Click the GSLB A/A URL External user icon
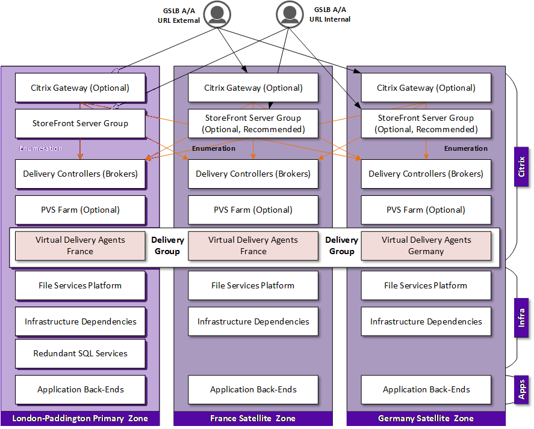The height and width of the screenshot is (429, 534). [x=217, y=14]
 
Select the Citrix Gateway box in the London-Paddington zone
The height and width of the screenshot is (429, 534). [x=80, y=88]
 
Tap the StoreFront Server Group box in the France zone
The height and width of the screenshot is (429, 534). [x=253, y=124]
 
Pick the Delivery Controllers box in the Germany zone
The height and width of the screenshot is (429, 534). [x=426, y=174]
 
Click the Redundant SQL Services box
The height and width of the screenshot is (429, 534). [x=80, y=353]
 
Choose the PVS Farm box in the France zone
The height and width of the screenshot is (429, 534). [x=253, y=210]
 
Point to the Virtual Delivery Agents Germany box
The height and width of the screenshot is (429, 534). [x=426, y=246]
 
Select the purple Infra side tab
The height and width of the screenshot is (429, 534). [x=521, y=317]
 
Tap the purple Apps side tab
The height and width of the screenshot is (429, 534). [x=521, y=389]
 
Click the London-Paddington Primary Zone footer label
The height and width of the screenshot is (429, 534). [x=80, y=418]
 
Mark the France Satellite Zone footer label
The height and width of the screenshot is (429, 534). [x=253, y=418]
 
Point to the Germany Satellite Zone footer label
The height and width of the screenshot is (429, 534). [x=426, y=418]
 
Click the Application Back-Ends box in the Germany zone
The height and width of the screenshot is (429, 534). [x=426, y=389]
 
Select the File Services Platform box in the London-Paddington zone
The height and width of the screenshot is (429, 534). [x=80, y=285]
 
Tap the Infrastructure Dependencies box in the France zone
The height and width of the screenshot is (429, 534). [x=253, y=321]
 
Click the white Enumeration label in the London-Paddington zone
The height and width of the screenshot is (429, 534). [x=40, y=148]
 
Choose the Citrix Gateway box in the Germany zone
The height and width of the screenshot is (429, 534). [x=426, y=88]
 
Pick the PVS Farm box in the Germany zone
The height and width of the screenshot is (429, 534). [x=426, y=210]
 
